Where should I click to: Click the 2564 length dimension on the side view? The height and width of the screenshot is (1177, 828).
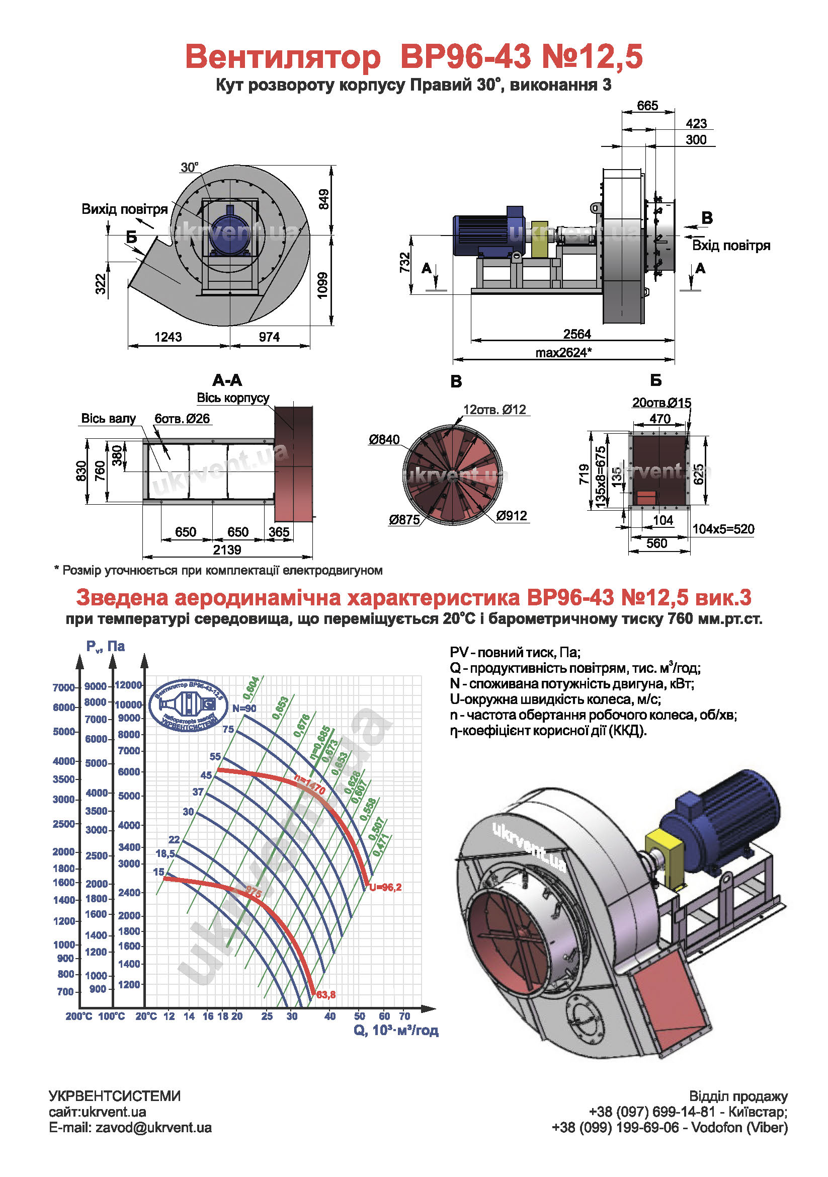pyautogui.click(x=577, y=334)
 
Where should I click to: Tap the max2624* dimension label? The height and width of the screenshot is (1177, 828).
pyautogui.click(x=563, y=352)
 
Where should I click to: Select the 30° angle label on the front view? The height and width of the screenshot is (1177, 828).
pyautogui.click(x=189, y=167)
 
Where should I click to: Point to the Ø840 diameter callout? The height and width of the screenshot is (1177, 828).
pyautogui.click(x=384, y=439)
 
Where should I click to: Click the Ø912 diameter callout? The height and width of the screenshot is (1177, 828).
pyautogui.click(x=512, y=516)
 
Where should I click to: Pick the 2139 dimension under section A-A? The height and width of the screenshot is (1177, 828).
pyautogui.click(x=227, y=550)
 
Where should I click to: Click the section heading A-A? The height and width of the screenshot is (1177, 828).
pyautogui.click(x=227, y=380)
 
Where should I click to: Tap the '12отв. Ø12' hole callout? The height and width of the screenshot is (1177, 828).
pyautogui.click(x=494, y=410)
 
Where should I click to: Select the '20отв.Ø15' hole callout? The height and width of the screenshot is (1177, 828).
pyautogui.click(x=661, y=403)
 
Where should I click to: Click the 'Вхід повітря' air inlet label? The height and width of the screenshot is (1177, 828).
pyautogui.click(x=731, y=246)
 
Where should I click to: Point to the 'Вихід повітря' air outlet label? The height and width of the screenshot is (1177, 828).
pyautogui.click(x=125, y=209)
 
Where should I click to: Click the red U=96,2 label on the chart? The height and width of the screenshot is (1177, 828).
pyautogui.click(x=385, y=887)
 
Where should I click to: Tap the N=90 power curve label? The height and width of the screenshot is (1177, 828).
pyautogui.click(x=244, y=709)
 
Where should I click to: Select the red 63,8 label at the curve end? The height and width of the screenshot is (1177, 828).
pyautogui.click(x=326, y=994)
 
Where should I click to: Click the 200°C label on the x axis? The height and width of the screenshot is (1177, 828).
pyautogui.click(x=79, y=1016)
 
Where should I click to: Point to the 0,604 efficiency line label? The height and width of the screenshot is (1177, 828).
pyautogui.click(x=251, y=688)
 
